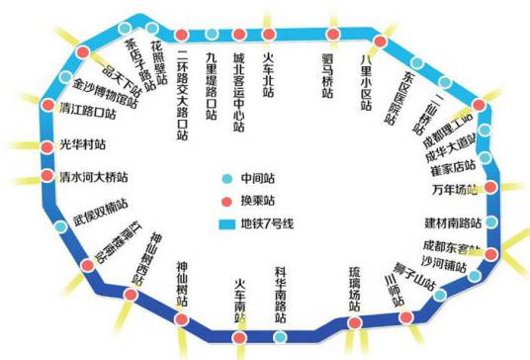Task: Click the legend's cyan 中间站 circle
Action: coord(227,180)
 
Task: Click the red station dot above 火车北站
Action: coord(268,35)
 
